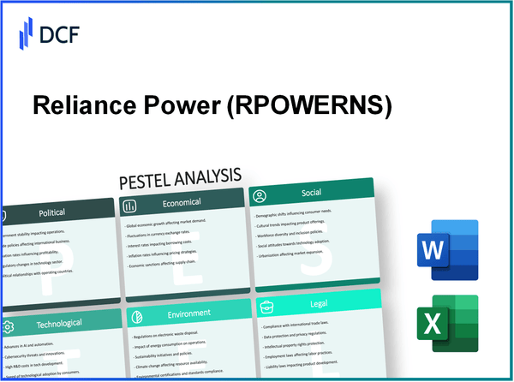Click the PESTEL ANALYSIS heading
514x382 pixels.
pos(180,177)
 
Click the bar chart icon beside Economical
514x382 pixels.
pos(131,206)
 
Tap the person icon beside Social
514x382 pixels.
pos(260,196)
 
